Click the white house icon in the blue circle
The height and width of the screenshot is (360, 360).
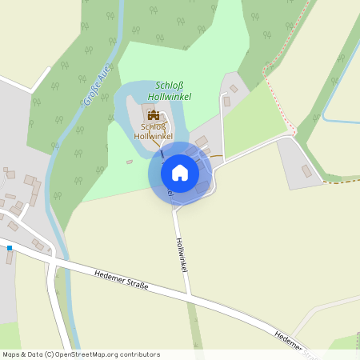pyautogui.click(x=180, y=173)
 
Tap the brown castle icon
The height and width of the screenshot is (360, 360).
pyautogui.click(x=153, y=114)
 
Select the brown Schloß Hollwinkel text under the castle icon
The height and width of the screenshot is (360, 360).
pyautogui.click(x=154, y=131)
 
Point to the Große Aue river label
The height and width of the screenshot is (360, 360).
pyautogui.click(x=96, y=87)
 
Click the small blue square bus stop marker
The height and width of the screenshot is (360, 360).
pyautogui.click(x=10, y=249)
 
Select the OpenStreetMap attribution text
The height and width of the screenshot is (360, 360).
pyautogui.click(x=80, y=354)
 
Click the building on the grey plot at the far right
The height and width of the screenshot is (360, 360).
pyautogui.click(x=307, y=170)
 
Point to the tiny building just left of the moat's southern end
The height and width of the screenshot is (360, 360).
pyautogui.click(x=130, y=162)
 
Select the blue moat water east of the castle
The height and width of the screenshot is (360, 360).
pyautogui.click(x=178, y=120)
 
